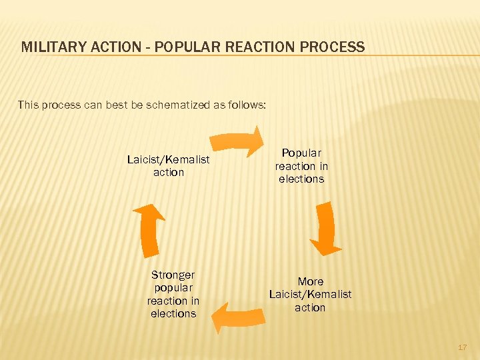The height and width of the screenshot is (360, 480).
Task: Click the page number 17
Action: click(x=462, y=347)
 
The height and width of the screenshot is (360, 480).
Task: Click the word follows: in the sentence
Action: click(x=247, y=104)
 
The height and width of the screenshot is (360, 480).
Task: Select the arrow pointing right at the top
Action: click(x=237, y=141)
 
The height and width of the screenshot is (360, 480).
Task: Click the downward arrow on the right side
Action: click(x=325, y=228)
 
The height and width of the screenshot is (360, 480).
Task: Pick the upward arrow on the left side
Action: click(x=150, y=228)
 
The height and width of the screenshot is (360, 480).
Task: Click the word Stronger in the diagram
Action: click(x=173, y=275)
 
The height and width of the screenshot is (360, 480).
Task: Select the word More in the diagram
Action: click(x=310, y=281)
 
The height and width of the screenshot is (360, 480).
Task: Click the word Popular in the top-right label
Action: click(x=301, y=153)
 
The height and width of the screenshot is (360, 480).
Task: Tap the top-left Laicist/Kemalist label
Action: click(x=168, y=159)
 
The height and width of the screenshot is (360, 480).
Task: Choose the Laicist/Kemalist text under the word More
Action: click(x=310, y=294)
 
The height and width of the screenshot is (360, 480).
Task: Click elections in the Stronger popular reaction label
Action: click(x=173, y=313)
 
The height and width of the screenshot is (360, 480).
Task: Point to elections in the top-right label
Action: click(x=301, y=179)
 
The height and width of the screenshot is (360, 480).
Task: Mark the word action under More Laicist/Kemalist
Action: click(x=310, y=307)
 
